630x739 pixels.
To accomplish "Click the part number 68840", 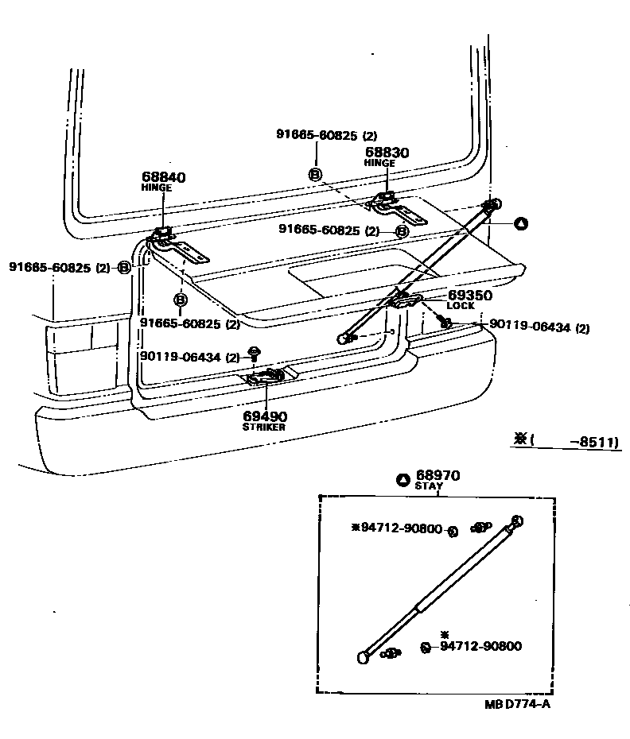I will (163, 177).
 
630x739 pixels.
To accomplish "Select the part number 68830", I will (387, 152).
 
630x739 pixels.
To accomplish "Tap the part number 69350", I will (469, 295).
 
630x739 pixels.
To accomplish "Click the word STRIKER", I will (263, 428).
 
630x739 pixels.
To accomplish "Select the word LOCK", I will (460, 306).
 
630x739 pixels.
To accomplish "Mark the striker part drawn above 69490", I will (267, 377).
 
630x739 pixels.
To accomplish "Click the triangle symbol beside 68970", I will (402, 479).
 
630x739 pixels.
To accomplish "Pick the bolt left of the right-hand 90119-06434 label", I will (445, 323).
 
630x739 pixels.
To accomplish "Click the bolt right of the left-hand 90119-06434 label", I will (255, 353).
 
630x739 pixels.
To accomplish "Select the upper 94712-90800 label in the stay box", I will (400, 528).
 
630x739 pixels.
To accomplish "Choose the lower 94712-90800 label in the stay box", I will (480, 646).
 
